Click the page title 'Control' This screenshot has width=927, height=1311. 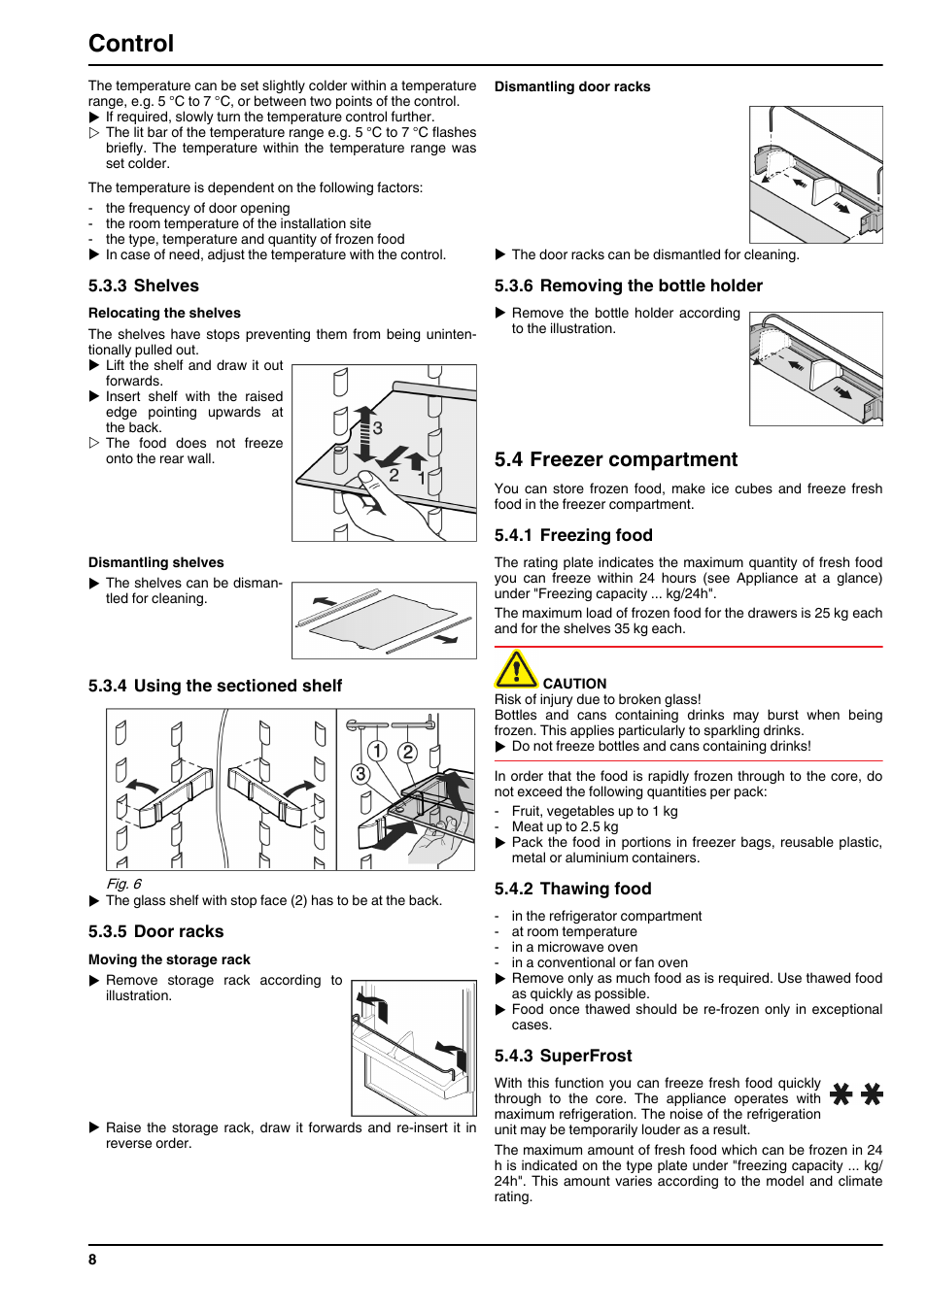tap(130, 44)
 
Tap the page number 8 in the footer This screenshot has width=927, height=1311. tap(92, 1260)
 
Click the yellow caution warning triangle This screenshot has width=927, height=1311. tap(516, 669)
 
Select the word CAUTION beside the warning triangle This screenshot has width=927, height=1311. tap(574, 684)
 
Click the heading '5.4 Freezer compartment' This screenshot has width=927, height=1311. tap(615, 459)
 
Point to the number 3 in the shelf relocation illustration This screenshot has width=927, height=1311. tap(378, 428)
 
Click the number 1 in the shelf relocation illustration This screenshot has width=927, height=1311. tap(421, 478)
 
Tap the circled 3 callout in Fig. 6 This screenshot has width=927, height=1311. tap(360, 774)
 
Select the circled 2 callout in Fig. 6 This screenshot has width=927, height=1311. tap(407, 752)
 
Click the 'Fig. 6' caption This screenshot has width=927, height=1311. tap(123, 884)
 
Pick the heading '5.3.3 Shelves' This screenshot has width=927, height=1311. tap(144, 286)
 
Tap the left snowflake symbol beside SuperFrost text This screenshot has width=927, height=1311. tap(841, 1093)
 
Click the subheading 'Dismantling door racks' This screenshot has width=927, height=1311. tap(572, 86)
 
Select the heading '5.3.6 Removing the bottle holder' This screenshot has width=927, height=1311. tap(629, 286)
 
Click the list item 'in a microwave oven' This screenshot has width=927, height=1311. tap(574, 947)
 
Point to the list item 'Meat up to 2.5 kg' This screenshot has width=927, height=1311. tap(565, 826)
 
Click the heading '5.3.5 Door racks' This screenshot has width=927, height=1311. tap(155, 931)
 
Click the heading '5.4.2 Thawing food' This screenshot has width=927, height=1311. tap(572, 889)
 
